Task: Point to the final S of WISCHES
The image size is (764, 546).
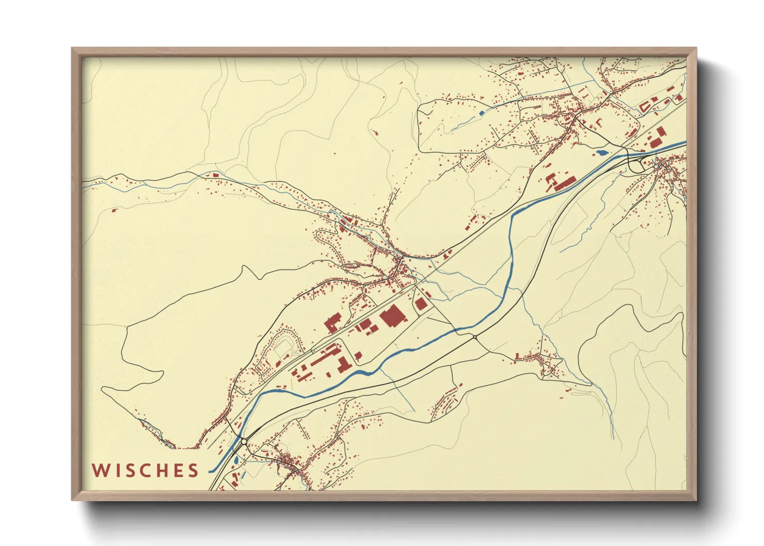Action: (x=194, y=471)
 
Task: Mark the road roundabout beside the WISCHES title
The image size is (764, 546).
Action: (x=243, y=442)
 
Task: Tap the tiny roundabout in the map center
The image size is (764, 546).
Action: (x=474, y=337)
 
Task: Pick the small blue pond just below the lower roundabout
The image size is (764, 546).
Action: (x=236, y=459)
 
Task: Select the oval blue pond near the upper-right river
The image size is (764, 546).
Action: (x=602, y=152)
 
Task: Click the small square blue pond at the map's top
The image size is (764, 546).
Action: (x=482, y=113)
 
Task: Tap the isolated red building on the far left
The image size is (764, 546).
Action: (x=115, y=210)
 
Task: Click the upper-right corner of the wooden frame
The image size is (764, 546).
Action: (x=695, y=50)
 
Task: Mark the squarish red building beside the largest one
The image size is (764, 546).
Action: (x=421, y=303)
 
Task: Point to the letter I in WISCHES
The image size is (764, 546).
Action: (x=117, y=471)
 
